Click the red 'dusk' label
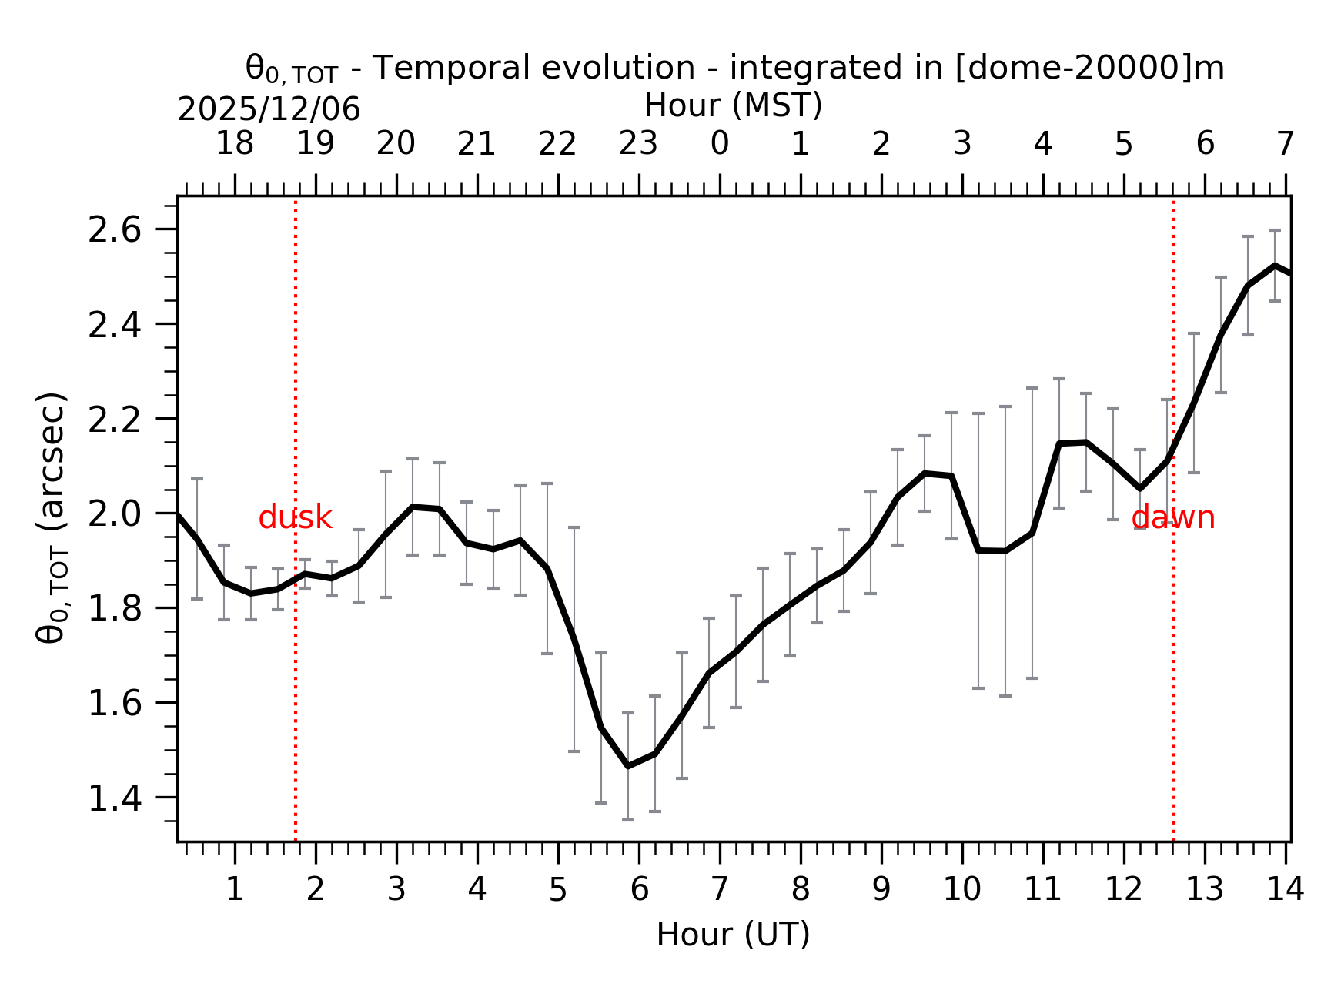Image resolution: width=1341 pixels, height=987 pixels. [x=295, y=518]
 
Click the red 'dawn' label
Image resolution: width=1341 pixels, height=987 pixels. [x=1173, y=518]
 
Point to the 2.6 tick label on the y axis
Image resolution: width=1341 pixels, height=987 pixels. [x=115, y=230]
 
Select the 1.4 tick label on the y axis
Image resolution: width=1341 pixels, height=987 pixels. [x=115, y=799]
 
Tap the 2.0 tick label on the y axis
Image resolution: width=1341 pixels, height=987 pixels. [x=115, y=514]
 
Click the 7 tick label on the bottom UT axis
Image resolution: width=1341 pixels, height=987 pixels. [x=719, y=890]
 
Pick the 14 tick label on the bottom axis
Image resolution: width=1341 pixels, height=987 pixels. [x=1285, y=890]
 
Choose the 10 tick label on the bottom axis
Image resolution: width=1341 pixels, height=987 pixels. [x=961, y=890]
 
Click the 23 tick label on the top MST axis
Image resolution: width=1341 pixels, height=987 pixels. [x=638, y=144]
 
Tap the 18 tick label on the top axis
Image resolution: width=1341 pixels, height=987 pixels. [x=234, y=144]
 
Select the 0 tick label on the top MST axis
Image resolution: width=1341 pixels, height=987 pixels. [x=719, y=144]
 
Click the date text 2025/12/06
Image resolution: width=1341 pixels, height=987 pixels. [x=269, y=110]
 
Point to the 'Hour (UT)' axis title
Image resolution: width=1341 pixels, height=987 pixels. [x=733, y=935]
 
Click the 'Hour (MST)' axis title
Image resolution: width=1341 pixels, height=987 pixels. [x=733, y=105]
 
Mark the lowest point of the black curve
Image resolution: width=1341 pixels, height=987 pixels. [x=628, y=766]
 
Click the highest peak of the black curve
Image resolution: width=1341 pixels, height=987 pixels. [x=1275, y=266]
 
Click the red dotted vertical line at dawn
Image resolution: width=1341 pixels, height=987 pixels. [x=1173, y=654]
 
